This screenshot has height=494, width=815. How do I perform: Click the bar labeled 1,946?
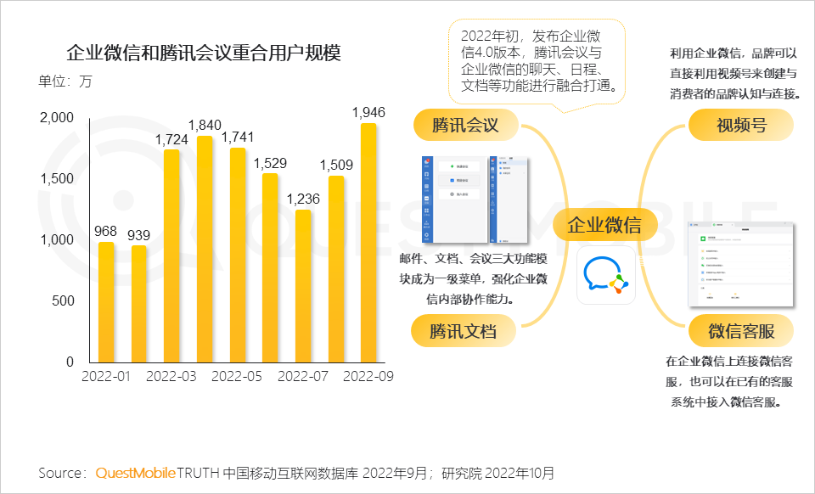(x=368, y=243)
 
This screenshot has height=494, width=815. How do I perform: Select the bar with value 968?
(x=106, y=302)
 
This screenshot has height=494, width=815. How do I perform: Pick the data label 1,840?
(x=205, y=125)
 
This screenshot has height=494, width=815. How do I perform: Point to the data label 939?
(x=139, y=234)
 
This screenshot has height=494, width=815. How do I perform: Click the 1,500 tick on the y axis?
(x=58, y=178)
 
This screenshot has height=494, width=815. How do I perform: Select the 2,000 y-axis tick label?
(x=58, y=118)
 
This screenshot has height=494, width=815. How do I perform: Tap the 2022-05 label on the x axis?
(x=237, y=376)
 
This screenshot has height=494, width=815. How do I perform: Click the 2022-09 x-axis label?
(x=368, y=376)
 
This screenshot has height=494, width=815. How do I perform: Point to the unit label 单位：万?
(x=65, y=82)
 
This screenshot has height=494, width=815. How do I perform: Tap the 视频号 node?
(x=740, y=126)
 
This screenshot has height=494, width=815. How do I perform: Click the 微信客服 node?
(x=740, y=330)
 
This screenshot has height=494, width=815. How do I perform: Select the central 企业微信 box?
(x=604, y=225)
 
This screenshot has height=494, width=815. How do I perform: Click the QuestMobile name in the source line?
(x=136, y=472)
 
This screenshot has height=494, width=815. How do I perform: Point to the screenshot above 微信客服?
(x=740, y=263)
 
